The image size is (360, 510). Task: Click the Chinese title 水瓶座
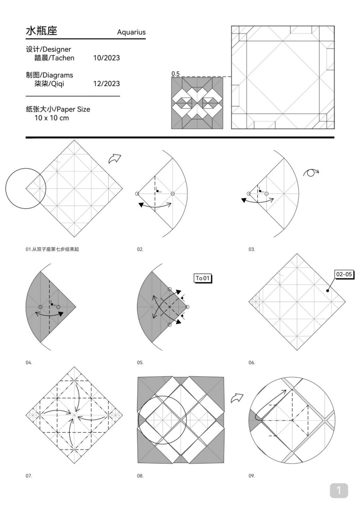(41, 31)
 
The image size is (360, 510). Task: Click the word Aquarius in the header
(131, 32)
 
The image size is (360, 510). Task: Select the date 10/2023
(106, 58)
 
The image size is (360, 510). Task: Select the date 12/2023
(106, 84)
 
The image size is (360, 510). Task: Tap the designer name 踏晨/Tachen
(54, 58)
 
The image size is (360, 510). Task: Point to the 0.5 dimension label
(176, 74)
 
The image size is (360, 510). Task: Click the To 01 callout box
(202, 278)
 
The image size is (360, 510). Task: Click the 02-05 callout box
(344, 274)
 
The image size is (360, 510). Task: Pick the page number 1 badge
(338, 490)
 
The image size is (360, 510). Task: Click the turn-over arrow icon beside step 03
(311, 173)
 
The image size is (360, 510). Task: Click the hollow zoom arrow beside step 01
(115, 159)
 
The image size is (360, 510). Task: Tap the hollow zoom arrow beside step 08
(237, 397)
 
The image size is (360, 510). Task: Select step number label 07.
(29, 476)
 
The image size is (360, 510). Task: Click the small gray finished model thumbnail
(197, 103)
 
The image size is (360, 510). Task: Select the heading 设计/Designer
(48, 49)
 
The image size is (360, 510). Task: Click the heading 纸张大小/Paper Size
(58, 109)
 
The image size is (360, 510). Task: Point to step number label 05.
(140, 363)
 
